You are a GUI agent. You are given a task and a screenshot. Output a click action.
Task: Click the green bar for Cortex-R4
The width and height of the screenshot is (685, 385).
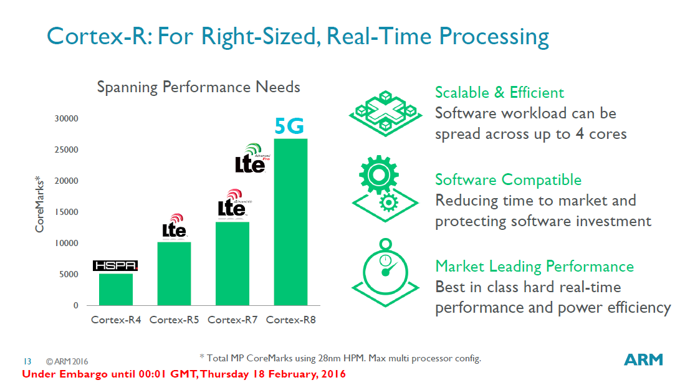[115, 290]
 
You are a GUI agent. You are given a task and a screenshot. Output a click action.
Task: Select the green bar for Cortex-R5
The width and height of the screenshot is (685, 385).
[174, 273]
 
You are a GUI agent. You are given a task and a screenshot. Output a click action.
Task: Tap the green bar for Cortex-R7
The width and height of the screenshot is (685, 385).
[232, 264]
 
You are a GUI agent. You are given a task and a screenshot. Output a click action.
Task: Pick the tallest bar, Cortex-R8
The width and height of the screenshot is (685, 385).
[290, 222]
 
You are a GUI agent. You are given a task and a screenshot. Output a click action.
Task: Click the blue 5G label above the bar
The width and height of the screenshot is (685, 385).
[290, 126]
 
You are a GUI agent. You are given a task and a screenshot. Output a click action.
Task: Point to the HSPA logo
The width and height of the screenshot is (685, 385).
[115, 266]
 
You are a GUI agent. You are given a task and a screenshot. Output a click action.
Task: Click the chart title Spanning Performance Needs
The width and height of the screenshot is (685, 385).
[198, 87]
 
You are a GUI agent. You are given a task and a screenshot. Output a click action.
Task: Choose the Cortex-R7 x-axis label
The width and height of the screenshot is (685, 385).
[232, 320]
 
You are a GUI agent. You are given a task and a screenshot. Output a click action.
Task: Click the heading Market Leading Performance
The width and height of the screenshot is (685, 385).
[534, 267]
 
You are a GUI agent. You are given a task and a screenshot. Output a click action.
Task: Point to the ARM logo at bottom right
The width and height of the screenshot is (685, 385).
[644, 359]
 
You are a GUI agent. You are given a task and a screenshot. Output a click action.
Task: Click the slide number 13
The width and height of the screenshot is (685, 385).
[27, 361]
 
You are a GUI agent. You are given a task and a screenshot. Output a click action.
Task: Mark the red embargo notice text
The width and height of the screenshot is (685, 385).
[183, 374]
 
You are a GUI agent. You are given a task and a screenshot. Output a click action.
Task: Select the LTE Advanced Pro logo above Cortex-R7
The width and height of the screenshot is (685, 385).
[250, 158]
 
